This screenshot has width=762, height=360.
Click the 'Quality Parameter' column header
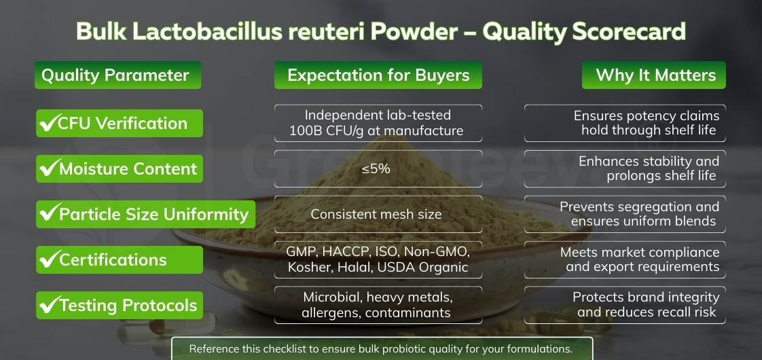coord(117,75)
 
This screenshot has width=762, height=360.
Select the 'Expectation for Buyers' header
coord(378,75)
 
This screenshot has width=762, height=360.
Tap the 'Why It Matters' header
coord(655,75)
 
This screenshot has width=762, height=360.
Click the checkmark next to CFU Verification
coord(48,124)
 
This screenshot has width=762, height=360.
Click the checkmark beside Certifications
coord(48,260)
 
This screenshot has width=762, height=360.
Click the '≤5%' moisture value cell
coord(378,168)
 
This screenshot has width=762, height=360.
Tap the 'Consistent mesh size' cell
coord(378,215)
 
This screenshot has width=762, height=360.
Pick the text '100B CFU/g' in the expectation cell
coord(328,130)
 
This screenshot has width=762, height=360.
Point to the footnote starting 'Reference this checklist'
coord(381,349)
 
